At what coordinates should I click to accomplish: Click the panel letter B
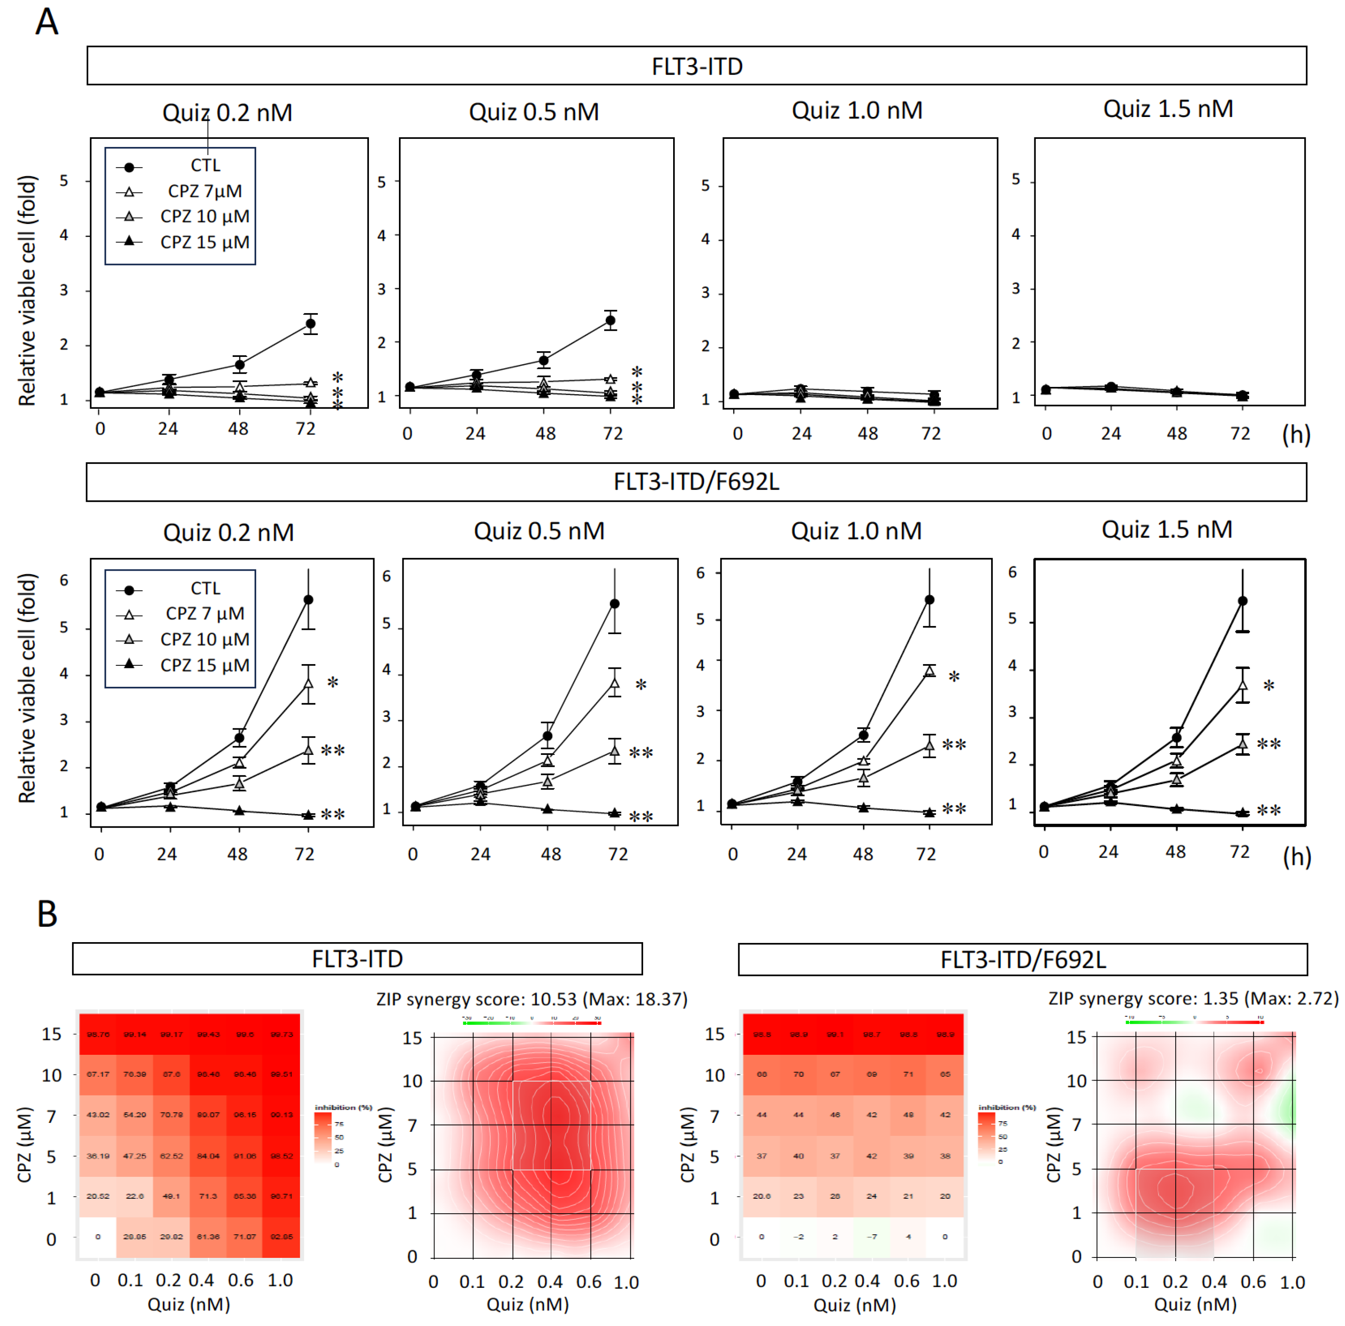[47, 914]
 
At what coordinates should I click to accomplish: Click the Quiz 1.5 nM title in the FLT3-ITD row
[1168, 109]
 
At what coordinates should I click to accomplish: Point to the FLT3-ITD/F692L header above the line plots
[696, 482]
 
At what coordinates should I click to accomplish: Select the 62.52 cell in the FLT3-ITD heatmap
[171, 1156]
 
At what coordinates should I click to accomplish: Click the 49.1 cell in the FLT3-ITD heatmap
[171, 1197]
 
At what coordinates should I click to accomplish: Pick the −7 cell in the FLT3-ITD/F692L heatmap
[872, 1237]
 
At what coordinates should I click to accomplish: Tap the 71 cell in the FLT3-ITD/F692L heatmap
[908, 1074]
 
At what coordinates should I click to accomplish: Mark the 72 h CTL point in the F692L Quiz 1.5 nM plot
[1243, 601]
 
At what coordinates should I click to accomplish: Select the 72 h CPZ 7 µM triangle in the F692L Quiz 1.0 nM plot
[929, 671]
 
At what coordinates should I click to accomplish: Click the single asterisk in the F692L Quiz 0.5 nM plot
[641, 685]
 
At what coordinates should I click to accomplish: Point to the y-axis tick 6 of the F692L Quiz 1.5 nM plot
[1013, 572]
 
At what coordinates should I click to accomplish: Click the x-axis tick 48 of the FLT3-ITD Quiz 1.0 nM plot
[867, 434]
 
